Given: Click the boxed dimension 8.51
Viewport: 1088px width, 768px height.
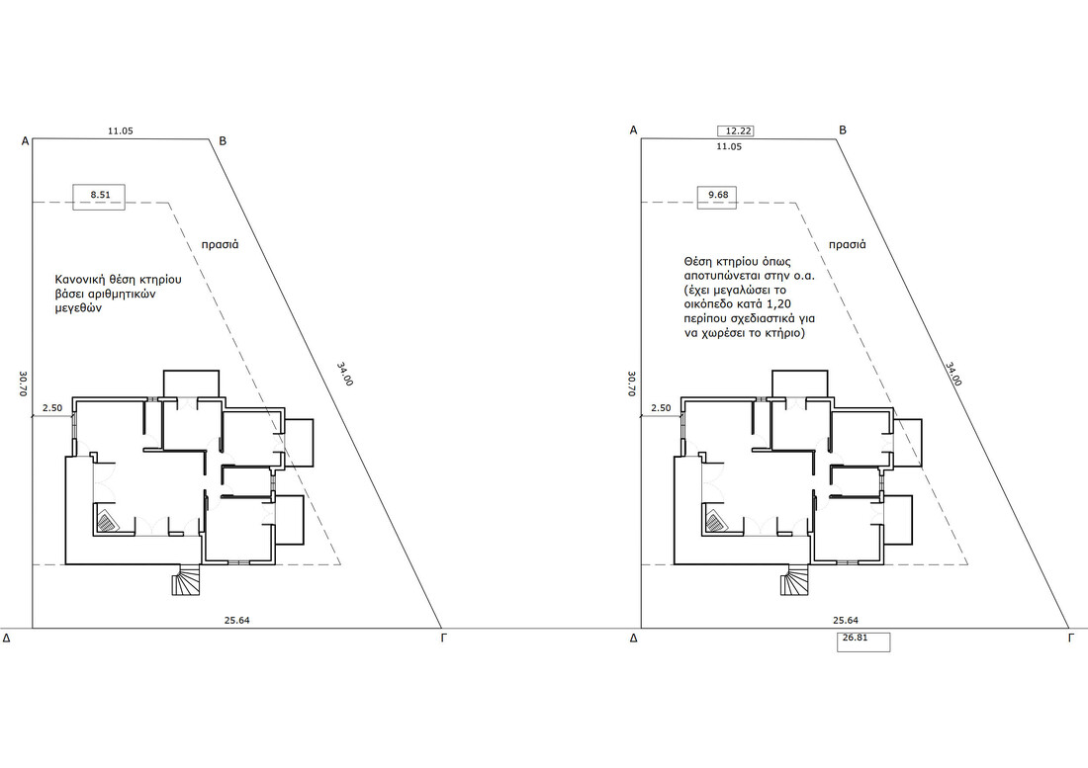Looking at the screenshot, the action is point(101,196).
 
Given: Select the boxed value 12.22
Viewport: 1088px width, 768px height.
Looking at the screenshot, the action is point(735,131).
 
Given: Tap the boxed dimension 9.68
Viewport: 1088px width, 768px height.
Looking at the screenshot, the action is point(717,196).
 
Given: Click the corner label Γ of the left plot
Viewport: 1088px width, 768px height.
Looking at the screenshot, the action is point(444,638).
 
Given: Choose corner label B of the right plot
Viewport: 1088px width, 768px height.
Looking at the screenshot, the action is point(843,130).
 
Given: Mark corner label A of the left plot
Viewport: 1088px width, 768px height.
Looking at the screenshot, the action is point(25,141).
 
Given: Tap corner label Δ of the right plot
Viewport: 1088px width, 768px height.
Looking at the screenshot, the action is point(633,638).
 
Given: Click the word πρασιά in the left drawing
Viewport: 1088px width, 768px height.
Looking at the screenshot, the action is point(220,245).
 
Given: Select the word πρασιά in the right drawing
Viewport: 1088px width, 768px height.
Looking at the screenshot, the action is point(848,245).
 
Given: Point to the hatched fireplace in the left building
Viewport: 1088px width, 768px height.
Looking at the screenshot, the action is point(107,521).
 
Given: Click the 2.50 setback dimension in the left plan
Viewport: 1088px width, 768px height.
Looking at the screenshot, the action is point(52,408).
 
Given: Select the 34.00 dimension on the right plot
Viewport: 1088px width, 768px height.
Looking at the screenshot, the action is point(953,375).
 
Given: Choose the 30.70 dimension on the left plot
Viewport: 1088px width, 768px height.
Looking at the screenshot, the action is point(23,384).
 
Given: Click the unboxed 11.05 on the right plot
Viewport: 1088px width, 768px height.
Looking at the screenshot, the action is point(729,147).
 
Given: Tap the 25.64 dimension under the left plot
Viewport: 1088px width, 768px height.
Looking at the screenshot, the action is point(236,621).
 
